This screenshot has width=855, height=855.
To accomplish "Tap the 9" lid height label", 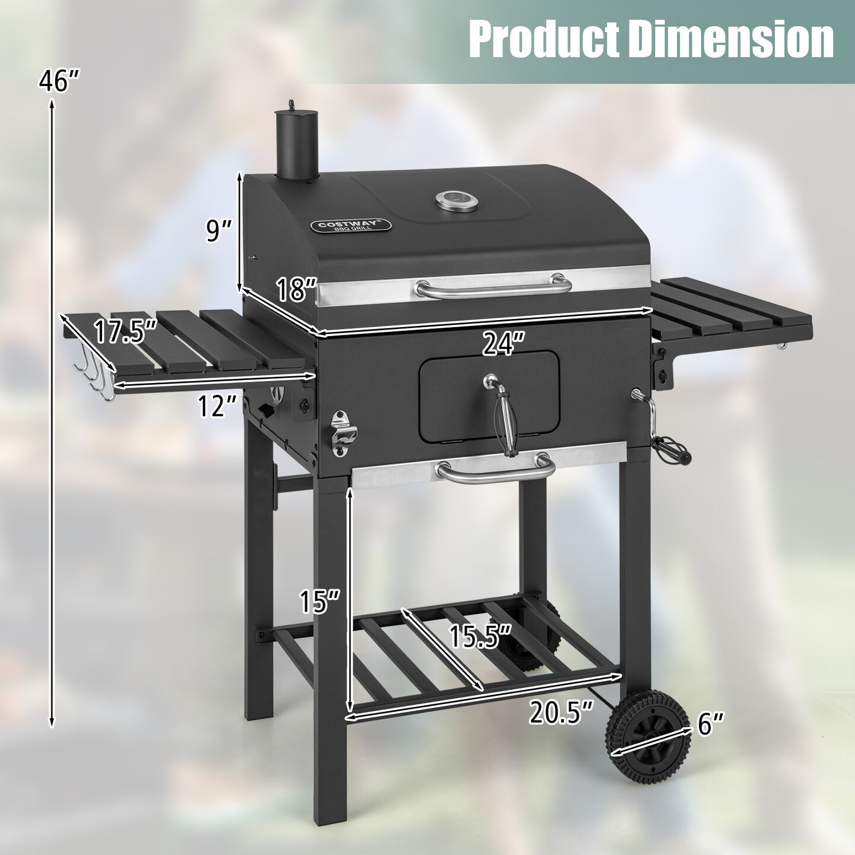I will point(217,231).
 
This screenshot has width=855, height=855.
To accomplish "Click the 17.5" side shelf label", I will point(125,331).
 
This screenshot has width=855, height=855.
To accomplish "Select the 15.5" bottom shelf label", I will point(480,636).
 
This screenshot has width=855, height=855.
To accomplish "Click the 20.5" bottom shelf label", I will point(560,712).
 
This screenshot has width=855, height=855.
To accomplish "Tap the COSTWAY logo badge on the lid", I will point(350,226).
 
